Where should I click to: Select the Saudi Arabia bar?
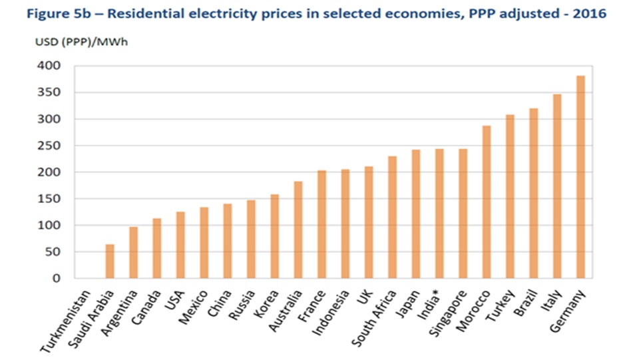110,261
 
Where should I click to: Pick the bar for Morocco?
487,202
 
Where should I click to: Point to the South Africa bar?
393,217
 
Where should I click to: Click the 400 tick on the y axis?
50,66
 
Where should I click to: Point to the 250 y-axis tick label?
50,146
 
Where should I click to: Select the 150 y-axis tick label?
50,199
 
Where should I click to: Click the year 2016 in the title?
592,14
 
